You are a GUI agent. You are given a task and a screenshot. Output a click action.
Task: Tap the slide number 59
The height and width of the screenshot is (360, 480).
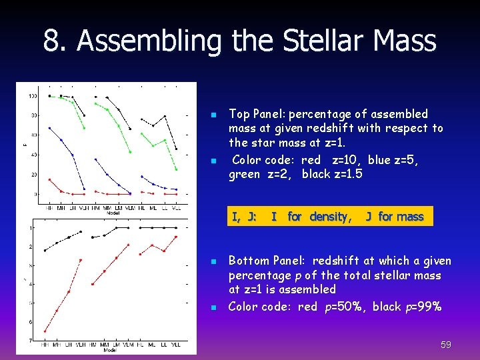pyautogui.click(x=446, y=345)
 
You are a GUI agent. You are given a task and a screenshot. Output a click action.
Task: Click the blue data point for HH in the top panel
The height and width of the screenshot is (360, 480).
pyautogui.click(x=49, y=128)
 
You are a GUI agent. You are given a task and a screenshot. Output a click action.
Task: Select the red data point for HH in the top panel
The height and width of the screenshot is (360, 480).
pyautogui.click(x=49, y=179)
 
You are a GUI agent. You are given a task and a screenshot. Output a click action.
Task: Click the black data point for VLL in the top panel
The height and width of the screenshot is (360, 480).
pyautogui.click(x=177, y=149)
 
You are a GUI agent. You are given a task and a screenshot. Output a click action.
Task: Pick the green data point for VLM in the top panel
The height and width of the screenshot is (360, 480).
pyautogui.click(x=130, y=152)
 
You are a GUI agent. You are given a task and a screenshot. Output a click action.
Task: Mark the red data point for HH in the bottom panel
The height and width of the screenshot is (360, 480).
pyautogui.click(x=45, y=331)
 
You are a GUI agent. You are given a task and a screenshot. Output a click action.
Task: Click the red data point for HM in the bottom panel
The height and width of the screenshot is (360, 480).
pyautogui.click(x=93, y=284)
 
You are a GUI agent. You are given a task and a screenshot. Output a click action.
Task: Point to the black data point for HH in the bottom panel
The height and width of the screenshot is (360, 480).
pyautogui.click(x=45, y=251)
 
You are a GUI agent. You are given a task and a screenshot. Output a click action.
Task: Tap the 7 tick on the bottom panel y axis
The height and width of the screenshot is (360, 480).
pyautogui.click(x=31, y=341)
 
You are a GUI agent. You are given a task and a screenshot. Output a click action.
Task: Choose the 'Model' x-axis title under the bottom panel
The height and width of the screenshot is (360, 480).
pyautogui.click(x=111, y=350)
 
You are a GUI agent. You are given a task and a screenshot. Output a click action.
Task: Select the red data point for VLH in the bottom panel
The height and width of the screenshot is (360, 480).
pyautogui.click(x=81, y=260)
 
